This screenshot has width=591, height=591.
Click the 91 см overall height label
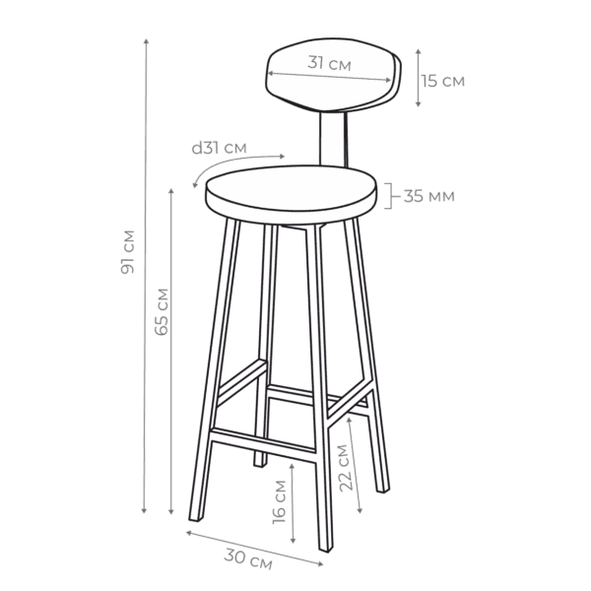[128, 251]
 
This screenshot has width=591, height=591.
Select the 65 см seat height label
[162, 311]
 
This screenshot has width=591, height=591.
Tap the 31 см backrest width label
[329, 63]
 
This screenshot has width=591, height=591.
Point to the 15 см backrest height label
[443, 81]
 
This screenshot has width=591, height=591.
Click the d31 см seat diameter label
[219, 148]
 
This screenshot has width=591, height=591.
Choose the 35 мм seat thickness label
[428, 196]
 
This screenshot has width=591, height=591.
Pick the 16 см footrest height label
[280, 502]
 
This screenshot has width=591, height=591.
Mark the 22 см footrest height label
[346, 468]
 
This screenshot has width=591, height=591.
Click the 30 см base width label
[248, 558]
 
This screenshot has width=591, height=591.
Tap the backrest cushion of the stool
[332, 76]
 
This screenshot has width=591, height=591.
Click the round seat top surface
[291, 188]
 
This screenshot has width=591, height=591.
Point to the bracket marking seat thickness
[389, 196]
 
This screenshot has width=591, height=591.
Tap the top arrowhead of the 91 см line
[146, 40]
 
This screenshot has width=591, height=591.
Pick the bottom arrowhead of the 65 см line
[171, 511]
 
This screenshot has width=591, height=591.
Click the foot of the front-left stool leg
[196, 518]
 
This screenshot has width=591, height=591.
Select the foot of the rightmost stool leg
[382, 490]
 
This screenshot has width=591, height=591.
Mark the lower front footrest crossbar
[263, 445]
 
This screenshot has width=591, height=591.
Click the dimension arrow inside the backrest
[329, 77]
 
